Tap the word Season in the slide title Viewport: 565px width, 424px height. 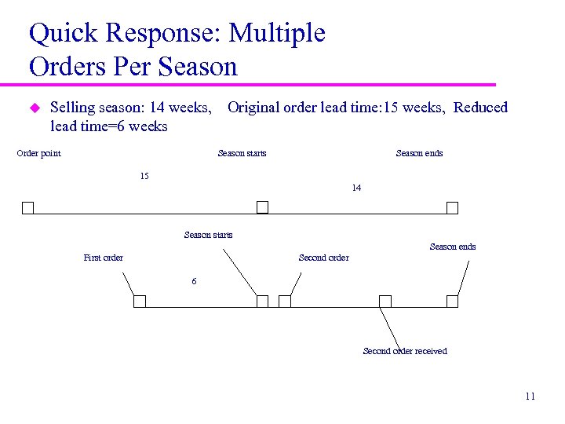[198, 67]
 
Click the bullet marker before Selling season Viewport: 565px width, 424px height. [34, 108]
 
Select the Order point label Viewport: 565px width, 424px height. [39, 153]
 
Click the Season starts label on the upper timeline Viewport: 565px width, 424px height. [242, 153]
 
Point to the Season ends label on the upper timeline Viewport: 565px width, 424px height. [419, 153]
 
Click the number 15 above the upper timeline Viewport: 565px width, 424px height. [144, 176]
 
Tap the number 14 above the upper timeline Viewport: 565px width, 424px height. [356, 188]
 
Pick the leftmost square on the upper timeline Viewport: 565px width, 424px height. [27, 208]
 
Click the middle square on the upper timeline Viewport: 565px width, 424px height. [263, 207]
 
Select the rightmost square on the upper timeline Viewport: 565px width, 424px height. [452, 208]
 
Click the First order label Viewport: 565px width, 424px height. [104, 258]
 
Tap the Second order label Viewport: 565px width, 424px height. [323, 258]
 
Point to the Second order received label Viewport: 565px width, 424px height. [405, 351]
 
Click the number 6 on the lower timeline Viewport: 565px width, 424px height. [195, 281]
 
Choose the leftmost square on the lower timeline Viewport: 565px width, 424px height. [140, 302]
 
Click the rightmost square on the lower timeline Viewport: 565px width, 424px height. [452, 302]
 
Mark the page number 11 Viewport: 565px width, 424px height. [530, 397]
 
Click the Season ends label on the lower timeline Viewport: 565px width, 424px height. [453, 247]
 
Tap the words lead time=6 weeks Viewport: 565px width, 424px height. [108, 126]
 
